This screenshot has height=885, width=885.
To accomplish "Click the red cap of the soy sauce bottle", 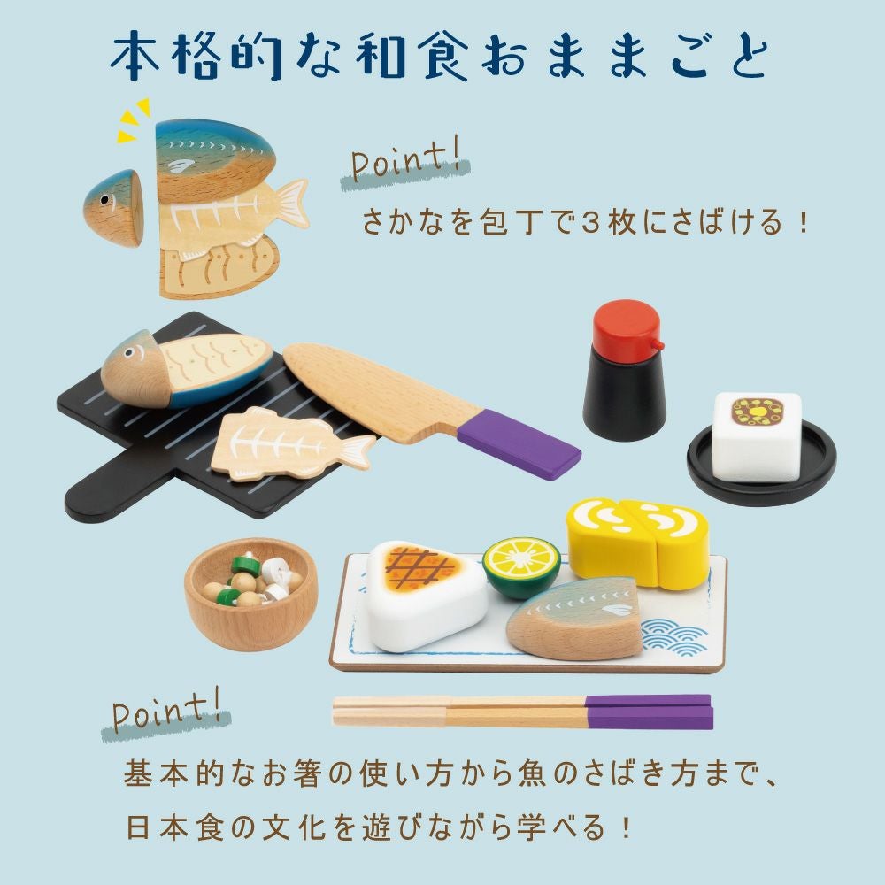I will coord(627,324).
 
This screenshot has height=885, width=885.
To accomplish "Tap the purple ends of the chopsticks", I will coord(648,712).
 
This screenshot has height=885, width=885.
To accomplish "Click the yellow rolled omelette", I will coord(637,542).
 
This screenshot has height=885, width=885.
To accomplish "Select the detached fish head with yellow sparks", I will coord(112,206).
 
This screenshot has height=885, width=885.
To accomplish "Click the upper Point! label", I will coord(405,165).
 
